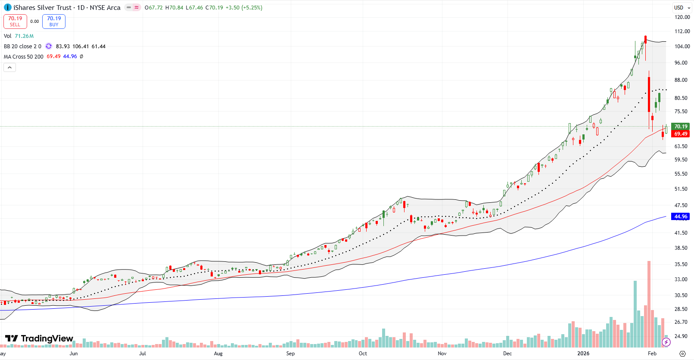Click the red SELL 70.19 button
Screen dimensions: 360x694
[15, 21]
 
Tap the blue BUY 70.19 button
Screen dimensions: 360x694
[54, 21]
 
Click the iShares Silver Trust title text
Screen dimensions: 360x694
[42, 8]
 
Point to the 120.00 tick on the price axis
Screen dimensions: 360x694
[682, 17]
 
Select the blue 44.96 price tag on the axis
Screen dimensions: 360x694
[680, 217]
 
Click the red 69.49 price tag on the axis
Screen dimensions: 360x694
[680, 134]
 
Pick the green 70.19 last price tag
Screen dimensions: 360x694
[680, 127]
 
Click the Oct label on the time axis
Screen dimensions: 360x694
[363, 354]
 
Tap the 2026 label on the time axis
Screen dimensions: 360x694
[583, 354]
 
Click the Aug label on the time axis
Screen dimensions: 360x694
[218, 354]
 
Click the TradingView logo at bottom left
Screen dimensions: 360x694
[39, 338]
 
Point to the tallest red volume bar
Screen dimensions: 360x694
[649, 301]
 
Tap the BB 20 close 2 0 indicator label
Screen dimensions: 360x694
[22, 47]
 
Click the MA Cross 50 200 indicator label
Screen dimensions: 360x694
[24, 56]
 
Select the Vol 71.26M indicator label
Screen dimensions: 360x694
[19, 36]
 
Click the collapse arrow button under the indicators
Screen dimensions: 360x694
[10, 67]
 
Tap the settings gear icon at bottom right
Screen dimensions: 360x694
[682, 354]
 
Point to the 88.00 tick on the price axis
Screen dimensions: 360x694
[681, 80]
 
